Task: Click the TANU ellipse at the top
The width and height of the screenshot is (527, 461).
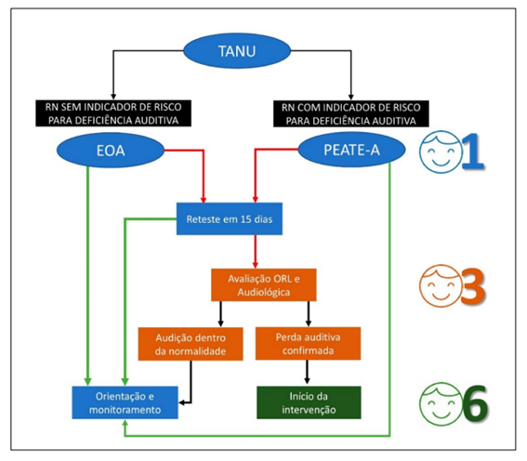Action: coord(237,51)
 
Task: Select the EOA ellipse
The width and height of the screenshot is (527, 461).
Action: coord(111,151)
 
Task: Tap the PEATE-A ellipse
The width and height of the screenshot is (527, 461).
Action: coord(351,150)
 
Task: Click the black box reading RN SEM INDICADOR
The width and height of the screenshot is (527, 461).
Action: coord(113,113)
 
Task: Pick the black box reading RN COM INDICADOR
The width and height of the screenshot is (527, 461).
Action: coord(351,113)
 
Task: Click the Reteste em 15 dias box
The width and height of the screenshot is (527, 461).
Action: coord(230,218)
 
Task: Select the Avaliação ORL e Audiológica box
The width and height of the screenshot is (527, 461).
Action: coord(264,285)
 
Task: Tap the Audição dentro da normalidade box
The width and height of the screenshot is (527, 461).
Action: coord(191,344)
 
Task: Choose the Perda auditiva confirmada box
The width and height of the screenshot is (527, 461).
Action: coord(308,343)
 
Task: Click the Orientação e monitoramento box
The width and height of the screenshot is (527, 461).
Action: coord(125,402)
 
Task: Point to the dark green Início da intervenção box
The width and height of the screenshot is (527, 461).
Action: coord(309,402)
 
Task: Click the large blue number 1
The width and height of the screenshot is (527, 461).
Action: coord(474,151)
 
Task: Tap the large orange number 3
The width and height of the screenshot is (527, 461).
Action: coord(472,286)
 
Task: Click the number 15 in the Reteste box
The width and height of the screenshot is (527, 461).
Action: coord(246,219)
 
